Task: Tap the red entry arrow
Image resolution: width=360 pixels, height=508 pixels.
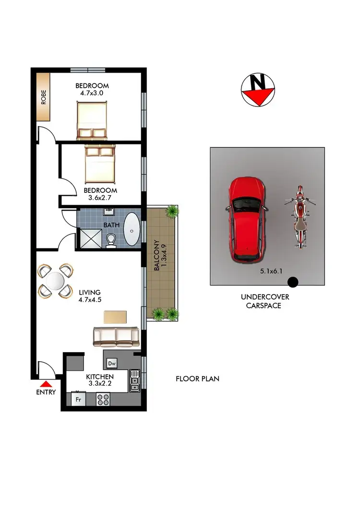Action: pyautogui.click(x=46, y=384)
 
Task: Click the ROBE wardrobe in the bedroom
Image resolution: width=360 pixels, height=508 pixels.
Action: pyautogui.click(x=43, y=97)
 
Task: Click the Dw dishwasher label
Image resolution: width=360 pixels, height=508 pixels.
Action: pyautogui.click(x=112, y=363)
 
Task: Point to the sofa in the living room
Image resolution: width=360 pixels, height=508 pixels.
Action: pyautogui.click(x=116, y=337)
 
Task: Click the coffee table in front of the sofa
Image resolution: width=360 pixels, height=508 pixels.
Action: pyautogui.click(x=115, y=317)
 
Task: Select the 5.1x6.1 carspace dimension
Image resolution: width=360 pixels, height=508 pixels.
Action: pyautogui.click(x=271, y=271)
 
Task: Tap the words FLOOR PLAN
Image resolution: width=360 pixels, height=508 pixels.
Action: pyautogui.click(x=197, y=378)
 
